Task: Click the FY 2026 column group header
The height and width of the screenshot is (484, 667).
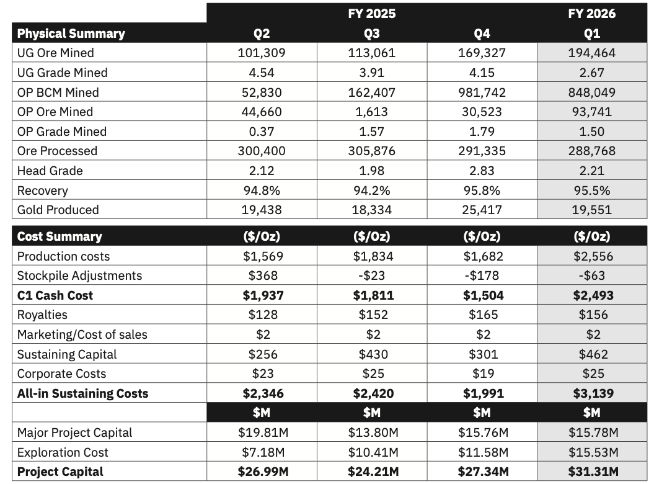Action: pos(592,14)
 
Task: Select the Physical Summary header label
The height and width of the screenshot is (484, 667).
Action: pos(71,34)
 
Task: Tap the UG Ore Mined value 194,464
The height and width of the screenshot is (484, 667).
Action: pos(592,53)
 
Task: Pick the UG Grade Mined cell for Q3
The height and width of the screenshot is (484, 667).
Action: pos(372,73)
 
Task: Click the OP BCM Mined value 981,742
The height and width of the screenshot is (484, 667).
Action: pos(482,92)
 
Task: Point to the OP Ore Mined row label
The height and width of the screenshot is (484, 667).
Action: pos(55,112)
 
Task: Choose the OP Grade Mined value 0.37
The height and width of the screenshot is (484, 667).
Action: pos(262,132)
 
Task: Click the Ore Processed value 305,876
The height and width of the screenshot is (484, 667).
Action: pos(372,151)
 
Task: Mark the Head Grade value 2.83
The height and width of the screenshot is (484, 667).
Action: pos(482,171)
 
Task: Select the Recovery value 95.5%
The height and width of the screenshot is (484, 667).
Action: pos(592,190)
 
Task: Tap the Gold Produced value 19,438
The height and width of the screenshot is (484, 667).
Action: pos(262,210)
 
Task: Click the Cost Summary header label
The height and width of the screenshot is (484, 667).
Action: pos(60,236)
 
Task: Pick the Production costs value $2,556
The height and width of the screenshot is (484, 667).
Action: pos(593,256)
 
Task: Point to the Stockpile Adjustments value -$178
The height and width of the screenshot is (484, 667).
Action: pos(482,276)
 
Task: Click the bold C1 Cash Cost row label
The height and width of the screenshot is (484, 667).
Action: pos(55,295)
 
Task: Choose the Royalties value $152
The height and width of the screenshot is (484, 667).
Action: pos(373,315)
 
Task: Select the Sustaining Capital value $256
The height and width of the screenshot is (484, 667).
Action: pos(263,354)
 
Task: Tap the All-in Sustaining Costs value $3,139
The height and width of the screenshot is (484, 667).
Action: pos(593,393)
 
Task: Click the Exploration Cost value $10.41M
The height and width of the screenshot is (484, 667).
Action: pos(373,452)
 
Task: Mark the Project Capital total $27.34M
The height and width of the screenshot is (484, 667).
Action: pos(484,472)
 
